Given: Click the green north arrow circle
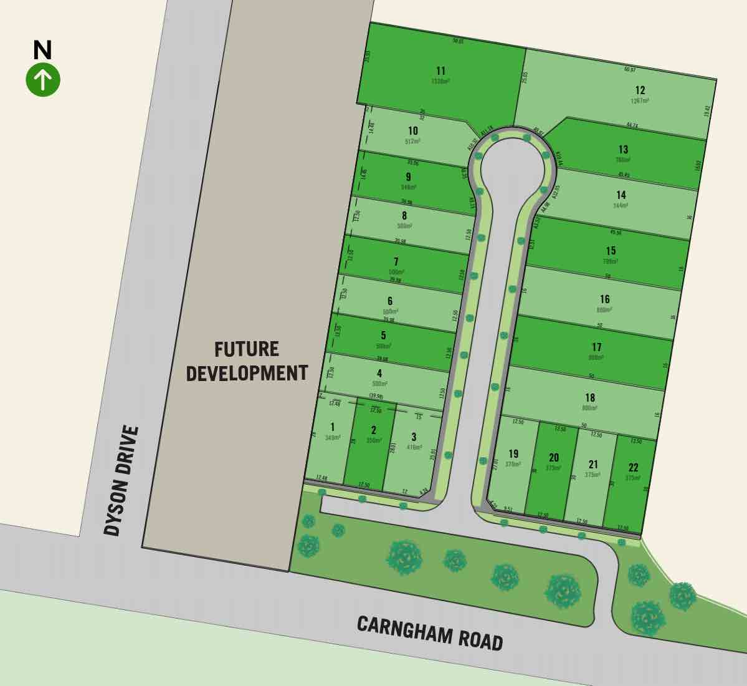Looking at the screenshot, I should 43,80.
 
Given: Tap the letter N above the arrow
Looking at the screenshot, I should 42,50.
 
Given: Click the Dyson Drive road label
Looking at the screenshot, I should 121,481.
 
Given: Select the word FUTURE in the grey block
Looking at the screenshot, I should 247,349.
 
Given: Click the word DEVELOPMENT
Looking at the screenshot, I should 247,373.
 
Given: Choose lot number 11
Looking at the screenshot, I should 441,70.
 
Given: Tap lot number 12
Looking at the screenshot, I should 640,90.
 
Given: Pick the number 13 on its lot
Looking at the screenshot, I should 623,149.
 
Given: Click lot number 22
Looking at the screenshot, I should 633,468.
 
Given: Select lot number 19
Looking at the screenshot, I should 513,454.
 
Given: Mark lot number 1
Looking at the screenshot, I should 333,427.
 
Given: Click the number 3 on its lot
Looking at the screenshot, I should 414,437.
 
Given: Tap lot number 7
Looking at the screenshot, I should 396,262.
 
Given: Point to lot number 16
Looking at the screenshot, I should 604,299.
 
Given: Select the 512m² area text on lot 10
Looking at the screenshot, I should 412,141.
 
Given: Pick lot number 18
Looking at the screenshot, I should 590,397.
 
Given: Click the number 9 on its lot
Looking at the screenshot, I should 408,176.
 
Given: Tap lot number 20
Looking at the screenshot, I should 554,458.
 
